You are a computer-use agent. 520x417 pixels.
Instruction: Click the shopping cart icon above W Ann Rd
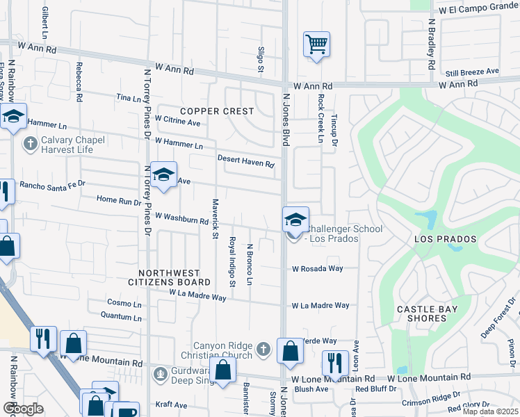[316, 45]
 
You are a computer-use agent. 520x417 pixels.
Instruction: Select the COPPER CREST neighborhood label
[217, 111]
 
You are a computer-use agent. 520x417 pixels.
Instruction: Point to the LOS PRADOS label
[446, 239]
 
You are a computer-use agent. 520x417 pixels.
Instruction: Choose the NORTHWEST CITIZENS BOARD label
[169, 278]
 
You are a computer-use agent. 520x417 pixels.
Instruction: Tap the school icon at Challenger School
[295, 220]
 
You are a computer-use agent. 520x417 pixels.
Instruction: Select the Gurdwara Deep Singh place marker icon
[161, 375]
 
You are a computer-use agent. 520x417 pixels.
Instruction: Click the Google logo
[23, 408]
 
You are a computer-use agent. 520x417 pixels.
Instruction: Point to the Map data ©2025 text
[490, 411]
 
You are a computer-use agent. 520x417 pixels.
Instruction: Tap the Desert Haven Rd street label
[246, 161]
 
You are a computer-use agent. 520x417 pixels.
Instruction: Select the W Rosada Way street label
[318, 268]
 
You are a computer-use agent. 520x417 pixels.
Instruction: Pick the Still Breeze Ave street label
[473, 72]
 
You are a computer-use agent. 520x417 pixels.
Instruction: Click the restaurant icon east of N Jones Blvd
[335, 362]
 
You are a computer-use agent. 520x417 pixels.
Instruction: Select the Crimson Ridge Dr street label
[431, 402]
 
